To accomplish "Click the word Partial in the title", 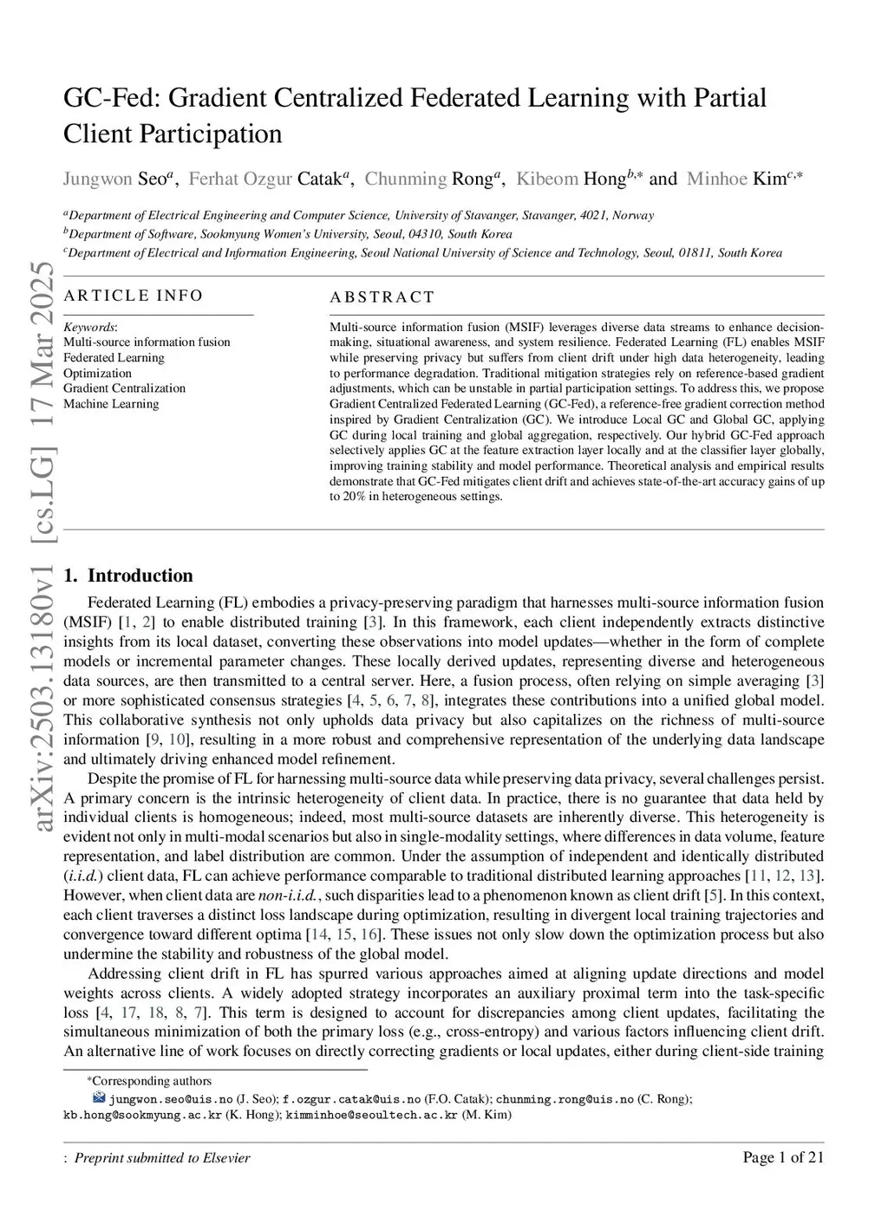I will coord(729,98).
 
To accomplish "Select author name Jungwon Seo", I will coord(114,179).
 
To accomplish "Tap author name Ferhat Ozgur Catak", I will coord(264,179).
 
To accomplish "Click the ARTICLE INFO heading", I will coord(134,296).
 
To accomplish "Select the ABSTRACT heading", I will coord(382,297).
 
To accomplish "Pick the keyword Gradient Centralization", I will coord(124,388).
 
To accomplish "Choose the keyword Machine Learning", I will coord(111,404).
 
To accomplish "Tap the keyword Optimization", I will coord(97,373).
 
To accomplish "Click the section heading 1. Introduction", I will coord(128,576).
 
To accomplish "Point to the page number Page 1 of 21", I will coord(783,1157).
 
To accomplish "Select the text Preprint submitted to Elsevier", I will coord(162,1158).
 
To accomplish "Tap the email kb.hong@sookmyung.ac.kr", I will coord(142,1115).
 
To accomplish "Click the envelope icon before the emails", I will coord(98,1098).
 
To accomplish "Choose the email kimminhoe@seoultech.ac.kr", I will coord(371,1115).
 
